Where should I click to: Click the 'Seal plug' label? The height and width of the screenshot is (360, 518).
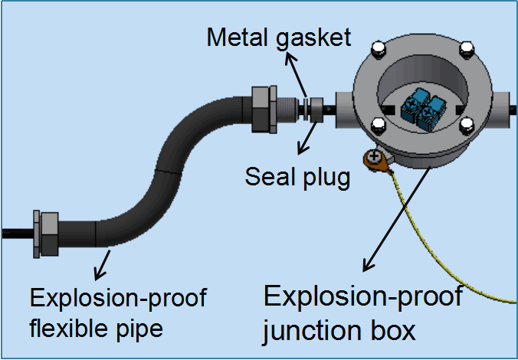297,176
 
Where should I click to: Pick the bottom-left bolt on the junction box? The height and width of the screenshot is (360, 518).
377,126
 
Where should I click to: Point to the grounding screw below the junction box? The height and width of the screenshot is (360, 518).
375,158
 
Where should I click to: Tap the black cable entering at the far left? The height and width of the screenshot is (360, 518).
15,233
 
